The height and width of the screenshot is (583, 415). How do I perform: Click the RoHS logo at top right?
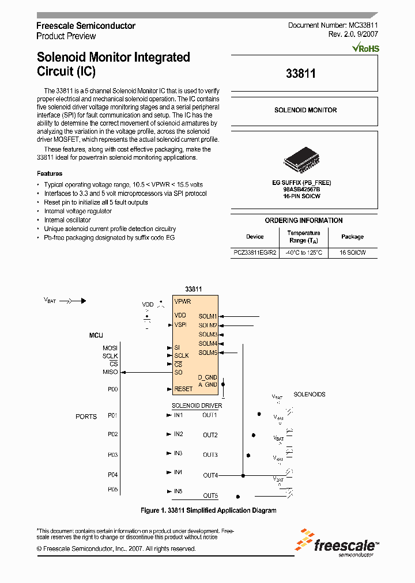pos(365,48)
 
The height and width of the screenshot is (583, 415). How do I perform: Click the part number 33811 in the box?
pos(300,74)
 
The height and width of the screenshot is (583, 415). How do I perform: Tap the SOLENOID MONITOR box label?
pos(305,110)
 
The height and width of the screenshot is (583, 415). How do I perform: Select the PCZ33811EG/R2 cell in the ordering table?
pos(255,252)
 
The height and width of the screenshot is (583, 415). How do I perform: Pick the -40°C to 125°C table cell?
pos(304,252)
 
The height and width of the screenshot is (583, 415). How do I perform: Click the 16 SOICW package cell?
pos(352,252)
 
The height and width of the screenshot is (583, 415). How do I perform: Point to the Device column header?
pos(255,237)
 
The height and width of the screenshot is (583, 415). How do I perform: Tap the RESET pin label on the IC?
pos(183,389)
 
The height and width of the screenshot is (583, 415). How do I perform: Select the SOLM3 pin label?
pos(207,335)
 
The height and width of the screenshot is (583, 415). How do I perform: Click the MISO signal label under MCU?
pos(110,372)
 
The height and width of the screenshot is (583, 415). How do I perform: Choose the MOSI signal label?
pos(110,348)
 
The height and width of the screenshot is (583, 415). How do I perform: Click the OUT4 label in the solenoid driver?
pos(210,475)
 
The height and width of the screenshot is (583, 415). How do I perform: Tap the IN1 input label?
pos(179,415)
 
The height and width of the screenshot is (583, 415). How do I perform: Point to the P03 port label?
pos(112,455)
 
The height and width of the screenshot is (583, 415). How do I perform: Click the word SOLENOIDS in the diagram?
pos(310,395)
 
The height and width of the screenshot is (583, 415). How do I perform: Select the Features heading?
pos(50,173)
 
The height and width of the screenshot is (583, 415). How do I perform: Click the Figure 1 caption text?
pos(209,510)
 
